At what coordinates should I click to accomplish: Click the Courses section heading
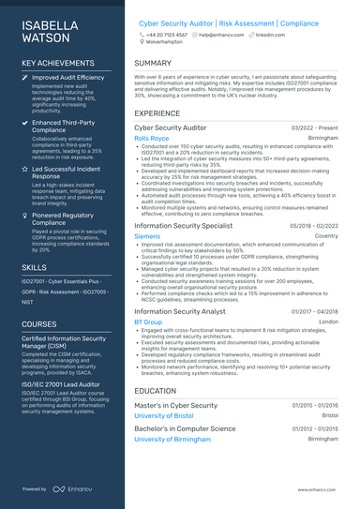39,324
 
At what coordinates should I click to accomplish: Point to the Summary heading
153,64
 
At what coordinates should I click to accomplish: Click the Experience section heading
157,112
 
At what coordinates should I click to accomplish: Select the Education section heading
155,390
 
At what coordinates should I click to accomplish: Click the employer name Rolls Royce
151,137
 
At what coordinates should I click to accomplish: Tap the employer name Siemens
147,237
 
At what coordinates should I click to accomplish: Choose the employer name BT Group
148,322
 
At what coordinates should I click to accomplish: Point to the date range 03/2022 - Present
314,127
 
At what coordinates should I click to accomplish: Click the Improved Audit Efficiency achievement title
68,78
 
